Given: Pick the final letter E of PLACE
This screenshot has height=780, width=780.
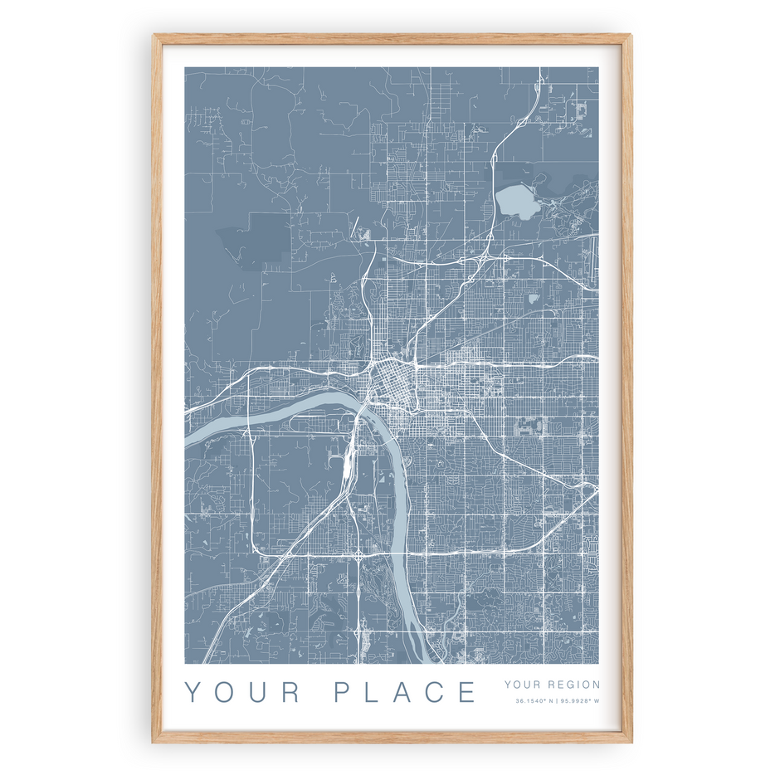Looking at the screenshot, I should point(468,692).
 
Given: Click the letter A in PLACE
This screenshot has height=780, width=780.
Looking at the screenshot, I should point(402,692).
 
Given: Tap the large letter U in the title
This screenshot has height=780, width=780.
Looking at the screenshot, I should point(256,692).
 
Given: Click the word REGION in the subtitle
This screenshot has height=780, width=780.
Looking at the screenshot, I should point(574,685).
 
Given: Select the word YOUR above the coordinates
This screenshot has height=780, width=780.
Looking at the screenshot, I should point(521,685).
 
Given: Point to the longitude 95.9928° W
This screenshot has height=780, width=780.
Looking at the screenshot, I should point(579,701).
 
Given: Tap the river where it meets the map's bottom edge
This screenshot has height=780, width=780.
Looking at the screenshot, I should point(423,659).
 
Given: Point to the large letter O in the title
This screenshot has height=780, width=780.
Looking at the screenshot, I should point(225,692).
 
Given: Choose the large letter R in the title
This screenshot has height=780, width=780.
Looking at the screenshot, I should point(290,692).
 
